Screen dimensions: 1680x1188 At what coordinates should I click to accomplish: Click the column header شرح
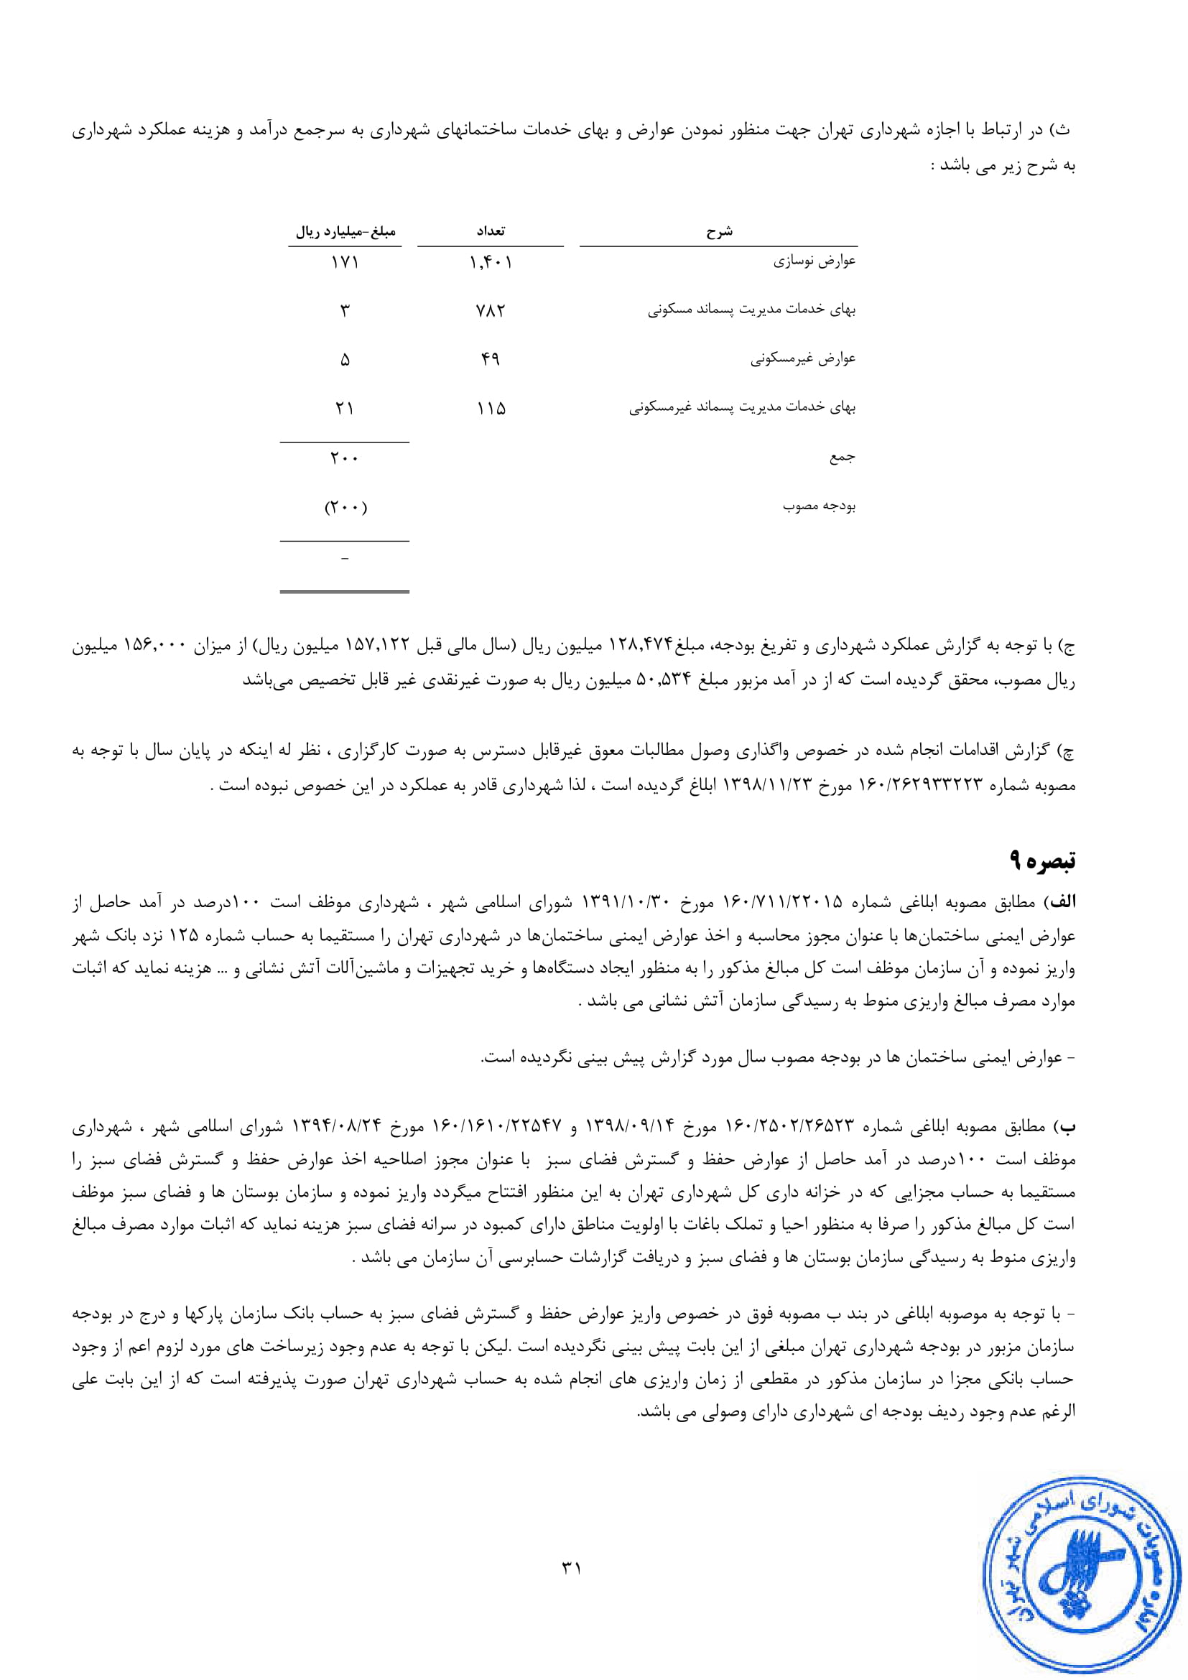click(x=719, y=232)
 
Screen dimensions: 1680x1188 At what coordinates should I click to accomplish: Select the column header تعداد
click(x=490, y=231)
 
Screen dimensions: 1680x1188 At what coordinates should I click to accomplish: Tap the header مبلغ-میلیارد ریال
click(x=345, y=232)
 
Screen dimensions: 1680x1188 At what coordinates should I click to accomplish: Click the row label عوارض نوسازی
click(x=815, y=261)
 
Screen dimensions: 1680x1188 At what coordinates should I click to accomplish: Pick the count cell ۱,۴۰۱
click(x=491, y=262)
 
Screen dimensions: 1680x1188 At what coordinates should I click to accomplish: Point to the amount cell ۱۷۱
click(x=345, y=262)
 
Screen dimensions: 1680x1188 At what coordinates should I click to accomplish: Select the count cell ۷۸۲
click(x=490, y=311)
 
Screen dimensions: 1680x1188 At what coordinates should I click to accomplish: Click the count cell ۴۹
click(x=490, y=359)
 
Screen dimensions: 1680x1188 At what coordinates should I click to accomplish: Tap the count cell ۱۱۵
click(x=491, y=408)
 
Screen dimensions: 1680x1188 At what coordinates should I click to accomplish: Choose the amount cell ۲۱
click(x=345, y=408)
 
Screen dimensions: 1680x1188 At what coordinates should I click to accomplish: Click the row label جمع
click(x=842, y=458)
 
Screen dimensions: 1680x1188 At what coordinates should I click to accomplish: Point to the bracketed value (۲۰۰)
click(x=345, y=506)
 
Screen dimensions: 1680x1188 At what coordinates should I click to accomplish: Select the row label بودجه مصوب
click(x=820, y=506)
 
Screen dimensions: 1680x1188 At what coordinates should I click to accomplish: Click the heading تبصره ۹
click(x=1042, y=860)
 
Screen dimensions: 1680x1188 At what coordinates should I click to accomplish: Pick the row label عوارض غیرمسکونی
click(x=802, y=359)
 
